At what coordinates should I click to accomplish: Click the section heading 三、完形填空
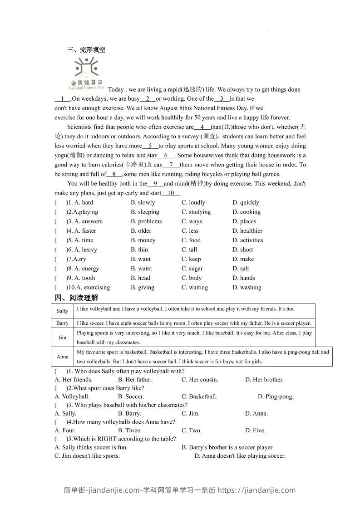tap(86, 50)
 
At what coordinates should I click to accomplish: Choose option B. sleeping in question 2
tap(145, 212)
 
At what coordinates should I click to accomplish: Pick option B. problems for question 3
tap(146, 221)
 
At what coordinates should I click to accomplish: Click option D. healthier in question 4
tap(247, 231)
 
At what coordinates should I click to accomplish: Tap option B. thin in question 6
tap(139, 250)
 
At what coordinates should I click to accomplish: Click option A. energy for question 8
tap(86, 269)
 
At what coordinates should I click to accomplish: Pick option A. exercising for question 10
tap(93, 288)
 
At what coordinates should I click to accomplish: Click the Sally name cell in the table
tap(63, 311)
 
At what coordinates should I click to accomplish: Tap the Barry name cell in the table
tap(63, 323)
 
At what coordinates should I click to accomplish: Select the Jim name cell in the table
tap(63, 338)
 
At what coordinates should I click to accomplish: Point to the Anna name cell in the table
tap(63, 357)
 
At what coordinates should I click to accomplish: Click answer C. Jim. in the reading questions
tap(191, 413)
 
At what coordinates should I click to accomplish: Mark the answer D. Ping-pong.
tap(276, 396)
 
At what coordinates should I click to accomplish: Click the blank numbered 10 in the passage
tap(171, 193)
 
